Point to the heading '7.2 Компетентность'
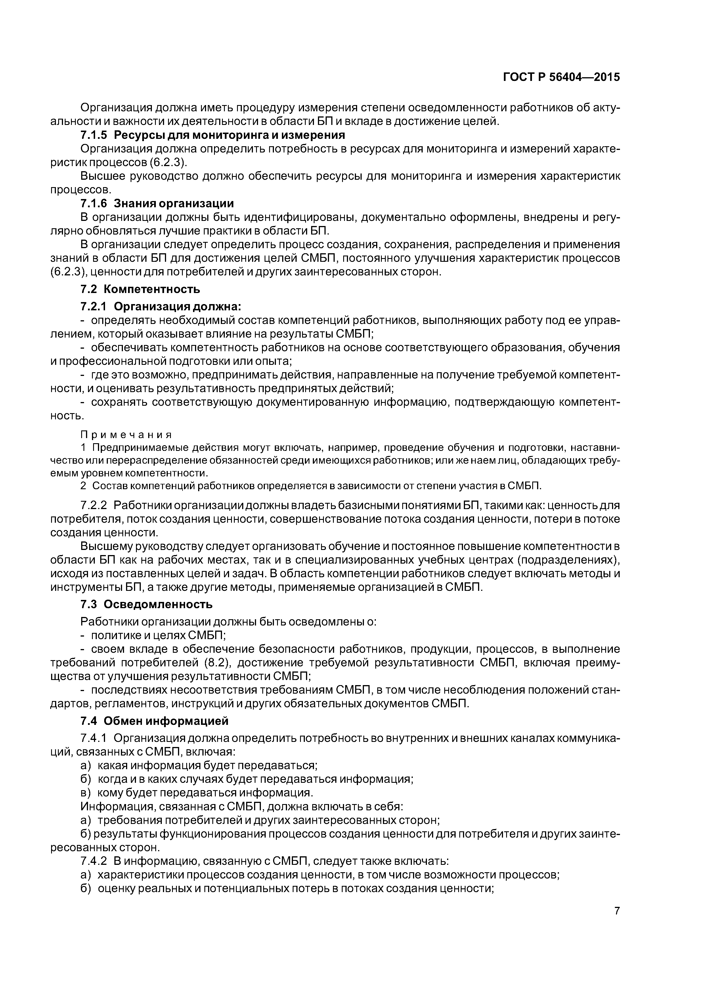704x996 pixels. pos(140,289)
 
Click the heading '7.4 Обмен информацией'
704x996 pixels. pos(154,721)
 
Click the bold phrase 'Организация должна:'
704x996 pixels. pos(177,306)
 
